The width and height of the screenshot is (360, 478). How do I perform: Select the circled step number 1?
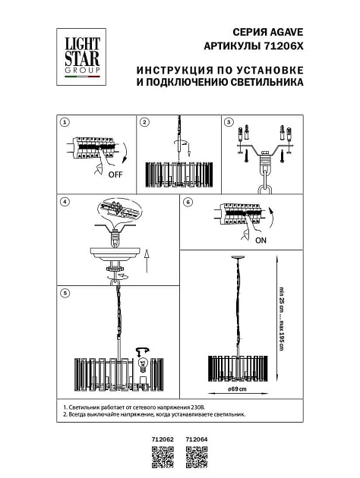point(65,122)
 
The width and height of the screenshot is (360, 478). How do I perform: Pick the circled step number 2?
point(144,122)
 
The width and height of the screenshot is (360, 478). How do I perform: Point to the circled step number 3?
point(227,122)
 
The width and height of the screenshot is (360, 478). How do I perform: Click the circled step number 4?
point(65,202)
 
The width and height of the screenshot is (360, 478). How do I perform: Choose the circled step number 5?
point(65,291)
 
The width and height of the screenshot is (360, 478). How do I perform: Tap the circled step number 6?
point(188,202)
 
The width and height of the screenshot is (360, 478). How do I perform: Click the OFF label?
point(115,174)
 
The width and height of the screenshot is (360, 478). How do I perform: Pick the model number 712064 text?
point(196,439)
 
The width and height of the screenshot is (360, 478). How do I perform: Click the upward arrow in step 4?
point(147,262)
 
